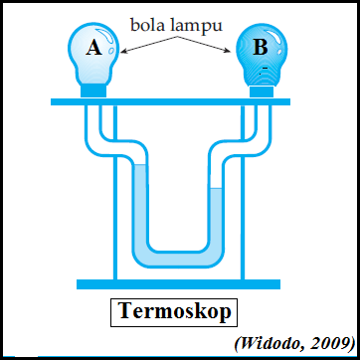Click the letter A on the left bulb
[93, 48]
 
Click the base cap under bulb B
[262, 90]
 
